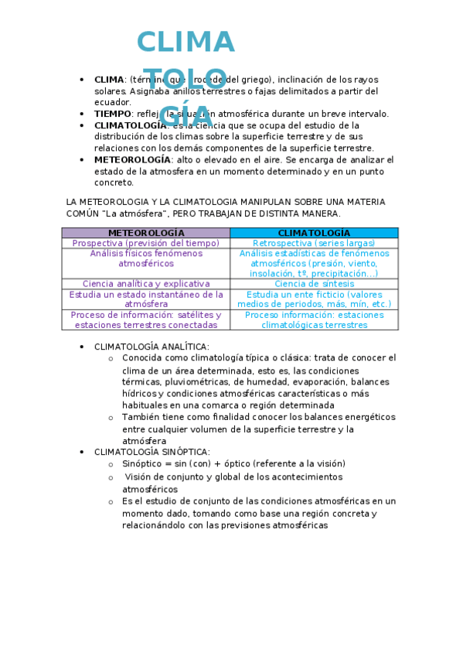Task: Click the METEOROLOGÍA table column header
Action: point(146,233)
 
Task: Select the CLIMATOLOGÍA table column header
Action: point(314,233)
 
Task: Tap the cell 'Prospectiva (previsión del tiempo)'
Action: point(146,243)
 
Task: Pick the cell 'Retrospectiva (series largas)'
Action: point(314,243)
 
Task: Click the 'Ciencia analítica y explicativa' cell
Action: point(146,284)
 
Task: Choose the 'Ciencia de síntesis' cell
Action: point(314,284)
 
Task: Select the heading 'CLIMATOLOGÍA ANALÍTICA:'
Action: point(151,347)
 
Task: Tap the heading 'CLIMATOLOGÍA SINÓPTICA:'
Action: point(151,452)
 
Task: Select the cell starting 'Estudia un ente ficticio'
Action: point(314,299)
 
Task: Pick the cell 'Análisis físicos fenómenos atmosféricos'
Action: point(146,258)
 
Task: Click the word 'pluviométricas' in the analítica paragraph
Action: point(196,381)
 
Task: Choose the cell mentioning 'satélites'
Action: point(146,320)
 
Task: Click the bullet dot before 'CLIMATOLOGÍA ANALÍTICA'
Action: point(83,347)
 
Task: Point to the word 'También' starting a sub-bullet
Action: point(140,417)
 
